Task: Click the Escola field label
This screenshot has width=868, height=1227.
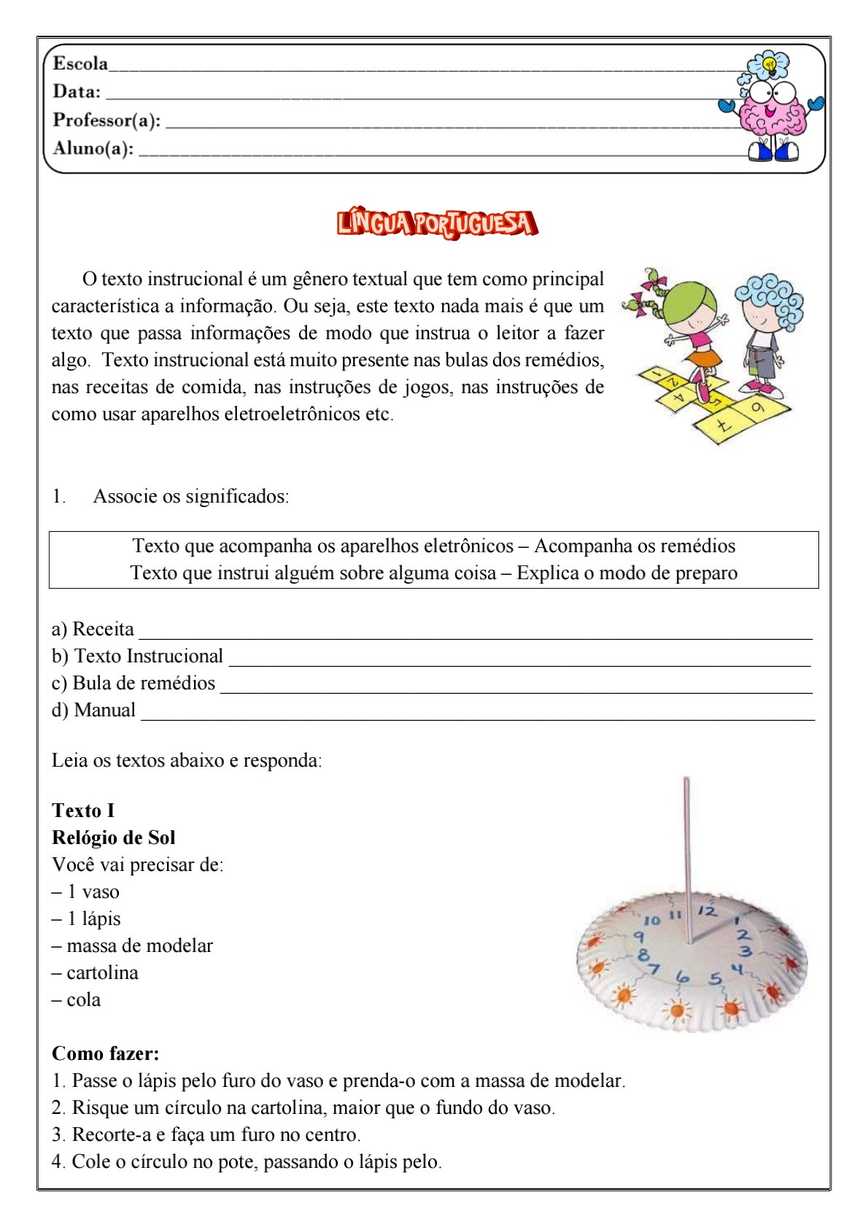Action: click(x=80, y=64)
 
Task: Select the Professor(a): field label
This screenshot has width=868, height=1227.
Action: click(x=106, y=120)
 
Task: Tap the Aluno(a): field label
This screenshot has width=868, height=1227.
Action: click(x=93, y=149)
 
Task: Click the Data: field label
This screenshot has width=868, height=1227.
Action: click(x=77, y=92)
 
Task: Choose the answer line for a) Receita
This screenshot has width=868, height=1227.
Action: click(x=474, y=632)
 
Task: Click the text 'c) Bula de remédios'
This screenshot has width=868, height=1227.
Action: click(x=133, y=684)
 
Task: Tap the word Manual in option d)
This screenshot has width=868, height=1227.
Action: click(x=105, y=711)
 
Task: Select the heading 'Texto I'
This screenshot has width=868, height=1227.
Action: click(x=83, y=811)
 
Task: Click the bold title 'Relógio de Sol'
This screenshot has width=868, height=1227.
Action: click(x=114, y=838)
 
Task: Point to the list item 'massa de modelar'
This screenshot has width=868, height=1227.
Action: click(x=139, y=946)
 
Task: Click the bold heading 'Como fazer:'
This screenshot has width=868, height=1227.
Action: click(x=106, y=1054)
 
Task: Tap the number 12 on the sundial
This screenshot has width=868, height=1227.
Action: click(x=708, y=910)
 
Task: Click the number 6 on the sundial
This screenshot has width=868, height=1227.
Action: click(x=683, y=976)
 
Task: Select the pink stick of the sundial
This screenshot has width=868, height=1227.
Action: click(x=687, y=854)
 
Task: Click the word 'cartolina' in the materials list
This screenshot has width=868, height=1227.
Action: click(x=102, y=973)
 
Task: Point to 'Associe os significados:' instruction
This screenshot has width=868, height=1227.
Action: click(x=191, y=497)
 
